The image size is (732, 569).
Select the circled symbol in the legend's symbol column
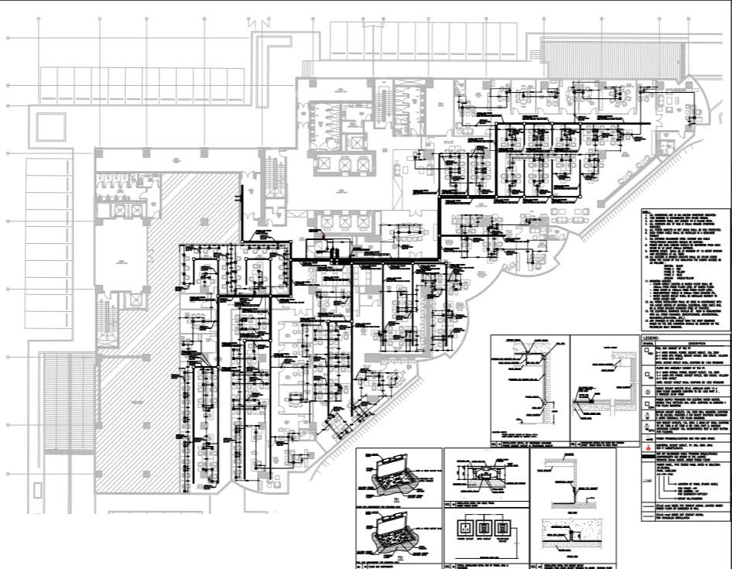point(648,392)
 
